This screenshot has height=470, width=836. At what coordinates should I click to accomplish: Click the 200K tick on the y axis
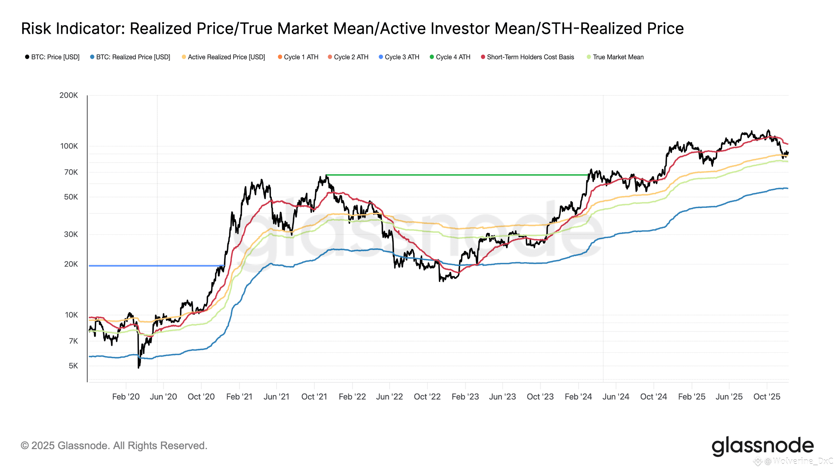click(x=69, y=95)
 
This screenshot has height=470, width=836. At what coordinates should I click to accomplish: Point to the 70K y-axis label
click(x=71, y=172)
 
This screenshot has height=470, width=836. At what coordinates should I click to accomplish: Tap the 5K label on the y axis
click(x=73, y=366)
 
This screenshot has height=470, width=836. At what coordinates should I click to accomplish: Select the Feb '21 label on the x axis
click(x=239, y=397)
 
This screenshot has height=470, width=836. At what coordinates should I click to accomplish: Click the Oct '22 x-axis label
click(x=427, y=397)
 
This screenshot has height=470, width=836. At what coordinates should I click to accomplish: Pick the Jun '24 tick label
click(x=616, y=397)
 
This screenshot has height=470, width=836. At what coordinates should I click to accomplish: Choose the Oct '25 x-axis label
click(x=767, y=397)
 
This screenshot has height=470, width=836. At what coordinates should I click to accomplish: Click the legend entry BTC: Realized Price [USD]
click(x=133, y=57)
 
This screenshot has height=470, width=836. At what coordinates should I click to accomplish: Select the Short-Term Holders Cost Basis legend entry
click(x=530, y=57)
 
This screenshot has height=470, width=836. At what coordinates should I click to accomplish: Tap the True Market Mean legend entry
click(x=618, y=57)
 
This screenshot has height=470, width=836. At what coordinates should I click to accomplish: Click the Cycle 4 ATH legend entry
click(x=452, y=57)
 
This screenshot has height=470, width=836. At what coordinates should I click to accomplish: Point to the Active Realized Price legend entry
click(x=226, y=57)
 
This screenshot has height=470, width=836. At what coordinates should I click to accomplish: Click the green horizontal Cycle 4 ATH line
click(x=453, y=175)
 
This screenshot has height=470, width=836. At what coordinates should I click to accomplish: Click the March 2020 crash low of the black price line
click(x=139, y=367)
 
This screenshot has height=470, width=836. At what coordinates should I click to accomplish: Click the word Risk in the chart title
click(x=36, y=29)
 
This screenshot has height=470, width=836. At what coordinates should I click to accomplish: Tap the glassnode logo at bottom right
click(x=763, y=446)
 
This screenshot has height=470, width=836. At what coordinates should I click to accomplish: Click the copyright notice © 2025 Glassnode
click(x=114, y=446)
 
